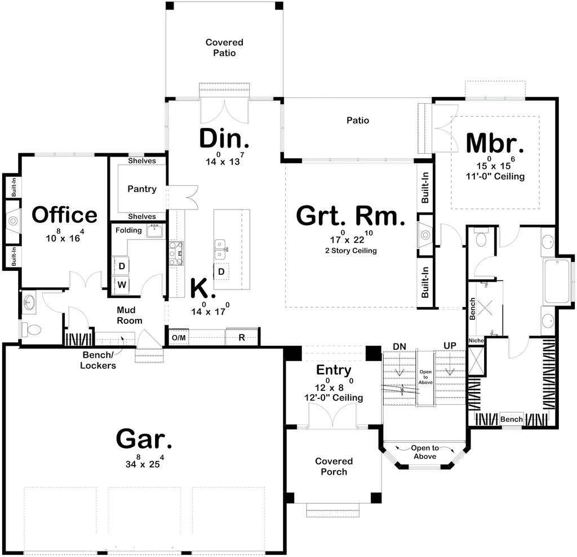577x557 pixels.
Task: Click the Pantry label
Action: point(142,189)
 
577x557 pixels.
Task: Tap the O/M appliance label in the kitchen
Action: point(179,338)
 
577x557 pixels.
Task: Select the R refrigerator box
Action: point(241,337)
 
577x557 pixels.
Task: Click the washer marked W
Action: point(122,284)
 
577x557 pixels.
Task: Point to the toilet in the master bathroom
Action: point(481,238)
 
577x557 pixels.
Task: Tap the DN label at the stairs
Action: point(400,346)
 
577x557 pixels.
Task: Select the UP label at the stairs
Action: point(450,346)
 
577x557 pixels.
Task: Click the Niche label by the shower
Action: point(476,341)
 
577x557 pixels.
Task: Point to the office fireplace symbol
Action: point(13,221)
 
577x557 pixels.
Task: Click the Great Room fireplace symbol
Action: point(426,234)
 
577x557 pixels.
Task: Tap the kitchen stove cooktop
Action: point(176,253)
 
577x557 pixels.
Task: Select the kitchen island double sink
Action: point(220,249)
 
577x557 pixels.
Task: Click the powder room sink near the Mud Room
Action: point(29,303)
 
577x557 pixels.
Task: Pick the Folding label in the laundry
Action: point(128,230)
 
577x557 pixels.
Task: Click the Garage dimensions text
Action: point(144,461)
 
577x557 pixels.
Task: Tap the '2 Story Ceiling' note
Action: point(351,251)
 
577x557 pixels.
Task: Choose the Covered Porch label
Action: point(334,466)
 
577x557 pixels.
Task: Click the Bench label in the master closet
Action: point(512,419)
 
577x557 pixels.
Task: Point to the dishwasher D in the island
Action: point(221,272)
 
